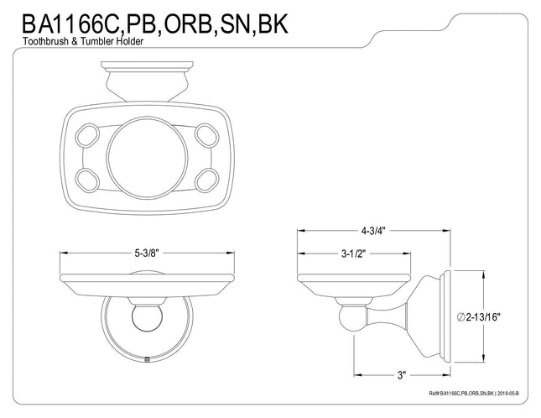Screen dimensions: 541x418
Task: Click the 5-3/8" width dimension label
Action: [146, 253]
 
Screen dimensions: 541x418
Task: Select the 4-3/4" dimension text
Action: [373, 231]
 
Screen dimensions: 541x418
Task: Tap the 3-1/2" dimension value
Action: [353, 254]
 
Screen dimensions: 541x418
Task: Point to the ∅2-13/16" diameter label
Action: [478, 317]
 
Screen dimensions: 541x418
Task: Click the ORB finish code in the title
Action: [187, 24]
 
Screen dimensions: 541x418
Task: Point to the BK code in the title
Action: [273, 24]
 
